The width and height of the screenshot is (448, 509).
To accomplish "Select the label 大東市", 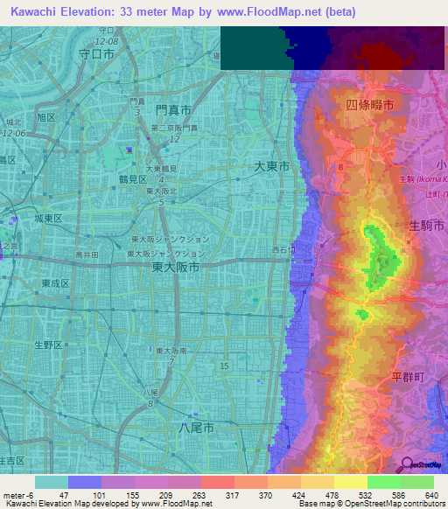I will click(x=271, y=164).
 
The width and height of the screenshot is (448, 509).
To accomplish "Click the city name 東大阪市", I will click(x=176, y=268).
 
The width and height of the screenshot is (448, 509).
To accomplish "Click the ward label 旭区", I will click(x=45, y=116).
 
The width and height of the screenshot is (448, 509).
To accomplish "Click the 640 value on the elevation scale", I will click(x=430, y=494).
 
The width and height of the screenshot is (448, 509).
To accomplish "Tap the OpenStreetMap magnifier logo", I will click(x=406, y=464).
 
